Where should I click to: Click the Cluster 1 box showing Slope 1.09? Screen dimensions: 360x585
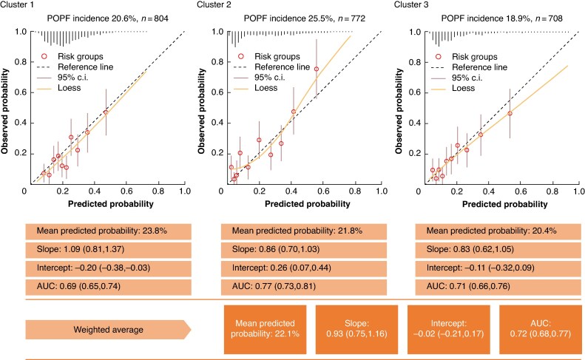[x=109, y=249]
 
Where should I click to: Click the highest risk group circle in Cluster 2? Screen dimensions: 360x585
[x=317, y=69]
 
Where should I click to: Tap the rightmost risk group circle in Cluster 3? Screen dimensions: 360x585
[x=510, y=113]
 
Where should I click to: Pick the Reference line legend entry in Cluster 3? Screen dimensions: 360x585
[x=472, y=67]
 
